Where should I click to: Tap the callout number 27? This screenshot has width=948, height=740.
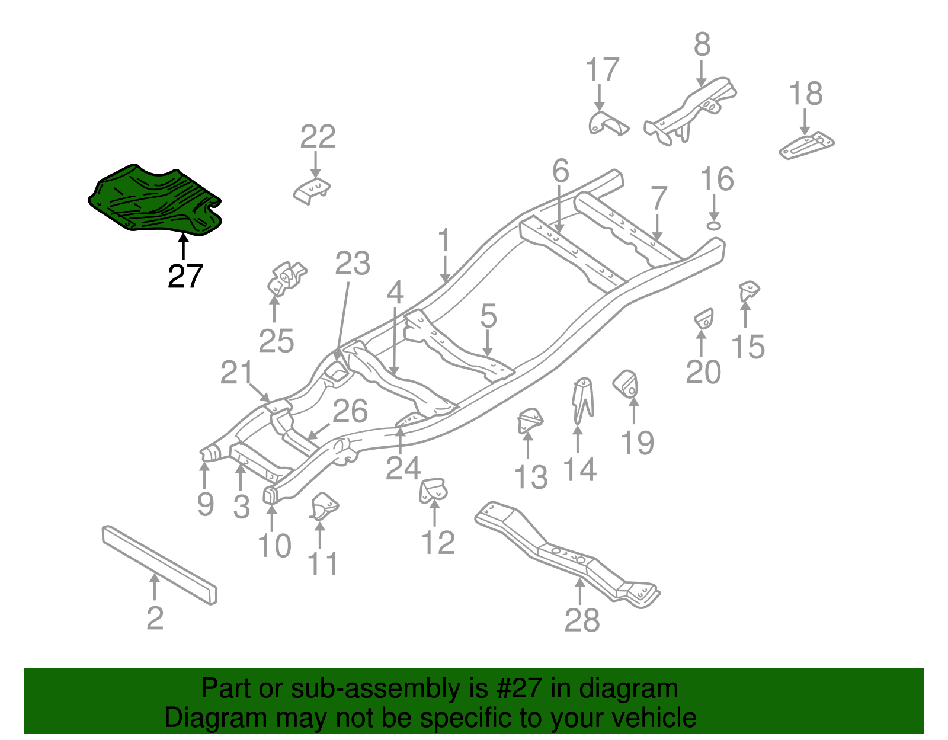[x=185, y=276]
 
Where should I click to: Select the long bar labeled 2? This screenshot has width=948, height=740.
[x=159, y=563]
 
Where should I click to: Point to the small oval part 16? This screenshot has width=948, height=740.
[x=715, y=225]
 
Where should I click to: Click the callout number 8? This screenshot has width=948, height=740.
[x=702, y=44]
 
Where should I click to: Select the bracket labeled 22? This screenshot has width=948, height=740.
[x=312, y=190]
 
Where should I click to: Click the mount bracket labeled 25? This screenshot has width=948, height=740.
[x=286, y=279]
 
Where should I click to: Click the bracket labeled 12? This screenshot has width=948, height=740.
[x=434, y=491]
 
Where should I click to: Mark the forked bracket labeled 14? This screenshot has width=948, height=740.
[x=584, y=400]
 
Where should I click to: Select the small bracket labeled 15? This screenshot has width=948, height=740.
[x=749, y=291]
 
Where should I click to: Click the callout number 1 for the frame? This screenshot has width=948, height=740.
[x=444, y=241]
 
